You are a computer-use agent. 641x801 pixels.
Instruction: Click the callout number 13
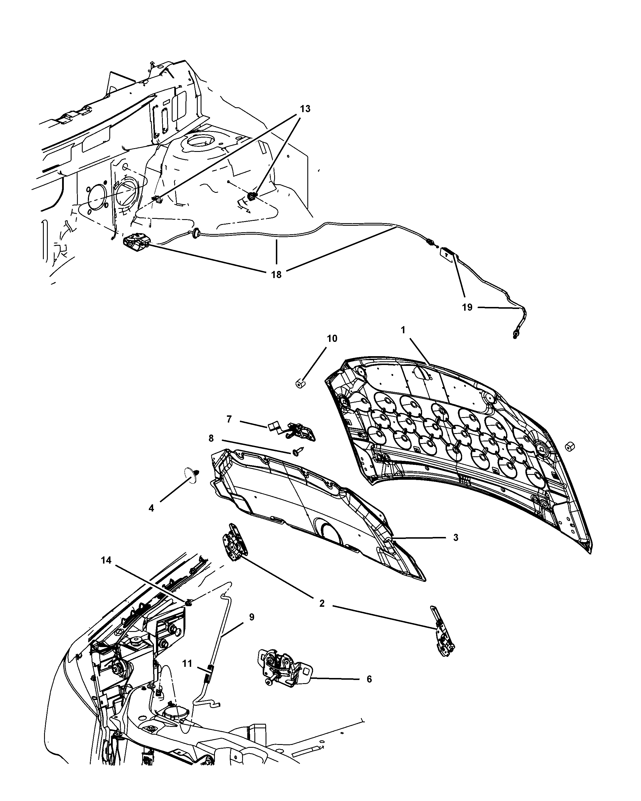(305, 109)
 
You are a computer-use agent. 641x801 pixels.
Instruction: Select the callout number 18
(276, 275)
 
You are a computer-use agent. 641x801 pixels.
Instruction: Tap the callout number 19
(467, 307)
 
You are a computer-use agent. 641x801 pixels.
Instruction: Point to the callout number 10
(332, 338)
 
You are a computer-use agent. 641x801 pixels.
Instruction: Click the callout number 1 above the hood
(403, 330)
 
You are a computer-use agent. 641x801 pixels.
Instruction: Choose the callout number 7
(229, 419)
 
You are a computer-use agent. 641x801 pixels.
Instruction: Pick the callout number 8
(211, 438)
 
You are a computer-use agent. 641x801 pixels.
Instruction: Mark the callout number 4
(151, 508)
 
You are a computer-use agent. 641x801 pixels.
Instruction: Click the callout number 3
(456, 537)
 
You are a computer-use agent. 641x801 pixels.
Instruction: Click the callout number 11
(187, 663)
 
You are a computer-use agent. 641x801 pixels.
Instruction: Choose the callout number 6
(369, 679)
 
